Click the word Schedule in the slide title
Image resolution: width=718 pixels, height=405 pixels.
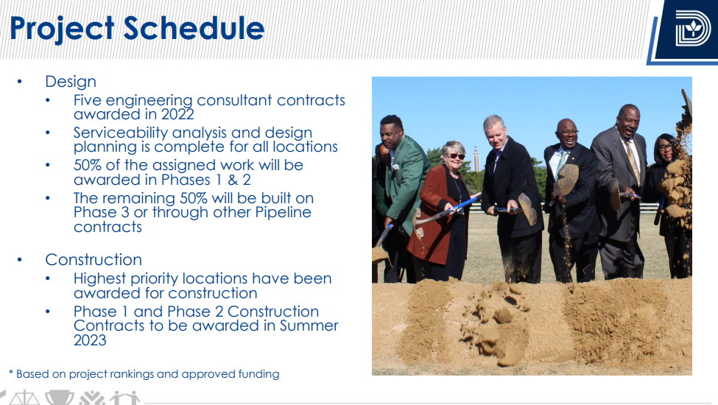194,29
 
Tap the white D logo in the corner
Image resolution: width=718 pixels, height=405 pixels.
693,29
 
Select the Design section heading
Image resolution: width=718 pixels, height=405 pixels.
71,82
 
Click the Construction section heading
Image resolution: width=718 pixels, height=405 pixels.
94,260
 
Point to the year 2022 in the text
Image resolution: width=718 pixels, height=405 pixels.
177,114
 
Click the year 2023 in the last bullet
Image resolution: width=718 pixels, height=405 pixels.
90,340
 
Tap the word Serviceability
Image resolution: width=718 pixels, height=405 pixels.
121,133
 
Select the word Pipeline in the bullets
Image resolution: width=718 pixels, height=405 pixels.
283,213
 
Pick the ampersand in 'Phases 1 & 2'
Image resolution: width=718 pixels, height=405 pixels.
233,180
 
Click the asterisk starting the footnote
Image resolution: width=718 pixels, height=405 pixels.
11,373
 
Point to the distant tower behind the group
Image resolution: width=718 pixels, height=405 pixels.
476,158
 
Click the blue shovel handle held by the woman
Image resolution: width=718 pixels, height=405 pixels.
463,204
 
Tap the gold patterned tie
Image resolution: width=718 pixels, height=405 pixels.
633,161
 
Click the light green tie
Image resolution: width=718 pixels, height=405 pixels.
560,163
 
